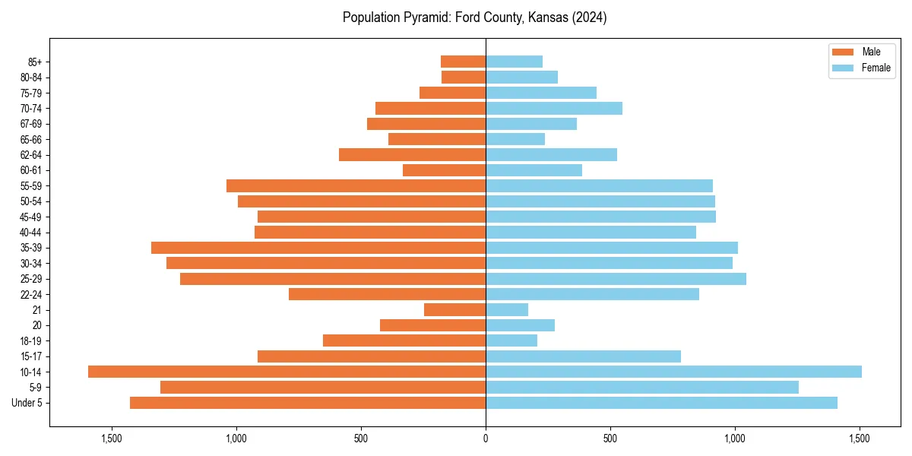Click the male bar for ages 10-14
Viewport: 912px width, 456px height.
pyautogui.click(x=287, y=372)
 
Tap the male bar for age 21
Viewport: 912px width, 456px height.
pyautogui.click(x=454, y=309)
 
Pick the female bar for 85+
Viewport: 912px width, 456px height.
pyautogui.click(x=514, y=62)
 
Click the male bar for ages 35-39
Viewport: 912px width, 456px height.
pyautogui.click(x=318, y=248)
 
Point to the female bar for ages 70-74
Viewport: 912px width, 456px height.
pyautogui.click(x=554, y=108)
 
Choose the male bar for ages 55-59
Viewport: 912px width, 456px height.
pyautogui.click(x=356, y=185)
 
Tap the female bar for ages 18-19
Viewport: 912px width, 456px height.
pyautogui.click(x=511, y=340)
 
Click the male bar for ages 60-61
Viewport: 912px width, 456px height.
pyautogui.click(x=444, y=170)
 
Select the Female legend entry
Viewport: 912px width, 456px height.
pyautogui.click(x=861, y=68)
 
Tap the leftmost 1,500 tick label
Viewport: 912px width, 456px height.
pyautogui.click(x=111, y=439)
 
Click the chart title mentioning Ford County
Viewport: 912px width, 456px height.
pyautogui.click(x=474, y=17)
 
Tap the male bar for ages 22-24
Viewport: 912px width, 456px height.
pyautogui.click(x=387, y=294)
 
